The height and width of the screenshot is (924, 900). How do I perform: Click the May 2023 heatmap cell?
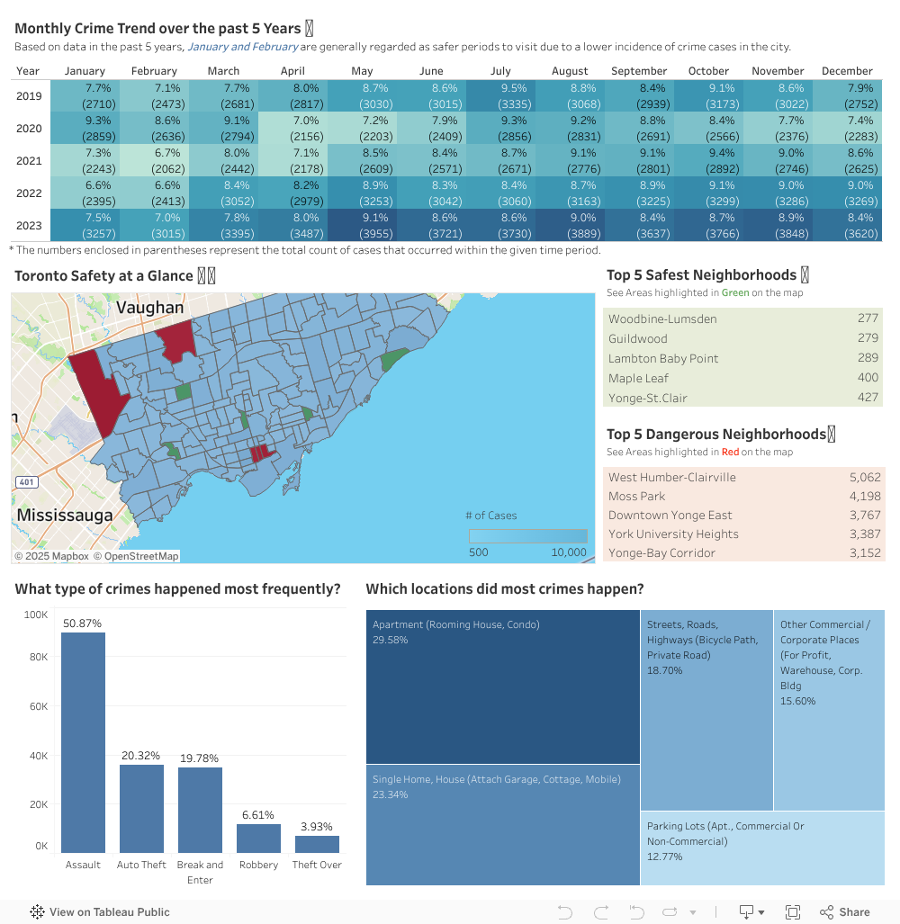362,225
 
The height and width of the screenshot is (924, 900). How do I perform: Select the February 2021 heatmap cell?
154,160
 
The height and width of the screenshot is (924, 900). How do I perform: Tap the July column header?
500,71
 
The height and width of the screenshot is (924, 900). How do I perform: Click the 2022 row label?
29,193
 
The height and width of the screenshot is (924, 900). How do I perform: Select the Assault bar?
83,742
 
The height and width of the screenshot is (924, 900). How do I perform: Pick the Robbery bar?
258,839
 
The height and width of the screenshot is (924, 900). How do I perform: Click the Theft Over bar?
317,844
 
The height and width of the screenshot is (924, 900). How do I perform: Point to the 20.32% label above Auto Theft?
141,756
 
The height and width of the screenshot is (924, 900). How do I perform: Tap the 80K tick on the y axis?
36,658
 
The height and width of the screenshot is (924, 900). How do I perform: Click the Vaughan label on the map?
149,308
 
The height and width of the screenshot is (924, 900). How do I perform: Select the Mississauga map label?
65,516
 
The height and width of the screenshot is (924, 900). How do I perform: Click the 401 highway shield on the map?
27,482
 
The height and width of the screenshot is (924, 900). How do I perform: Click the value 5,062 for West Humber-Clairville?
864,477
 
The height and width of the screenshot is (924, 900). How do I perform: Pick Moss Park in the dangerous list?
637,496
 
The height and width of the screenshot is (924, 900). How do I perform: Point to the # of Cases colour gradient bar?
527,535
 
